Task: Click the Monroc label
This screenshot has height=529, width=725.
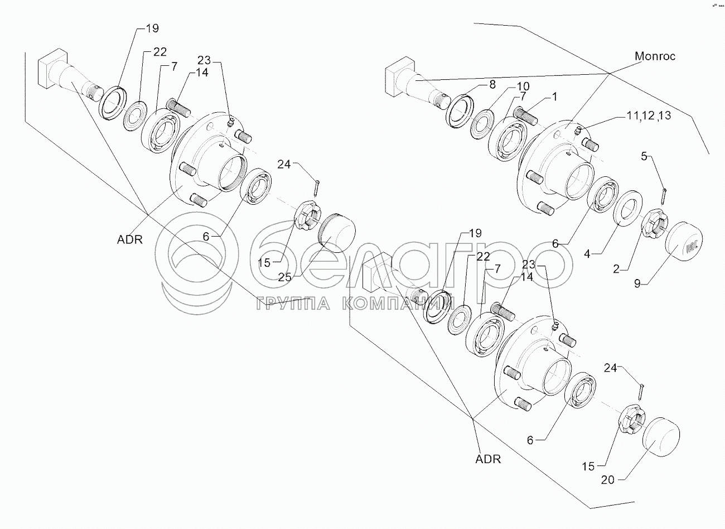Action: click(655, 56)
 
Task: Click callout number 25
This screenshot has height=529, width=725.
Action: click(284, 277)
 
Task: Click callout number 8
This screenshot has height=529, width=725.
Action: click(492, 85)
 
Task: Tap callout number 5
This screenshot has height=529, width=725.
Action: click(644, 157)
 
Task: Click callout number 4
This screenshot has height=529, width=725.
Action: click(587, 253)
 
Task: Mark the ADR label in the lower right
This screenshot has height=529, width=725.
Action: click(488, 459)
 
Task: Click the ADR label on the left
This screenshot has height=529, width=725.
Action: click(130, 239)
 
